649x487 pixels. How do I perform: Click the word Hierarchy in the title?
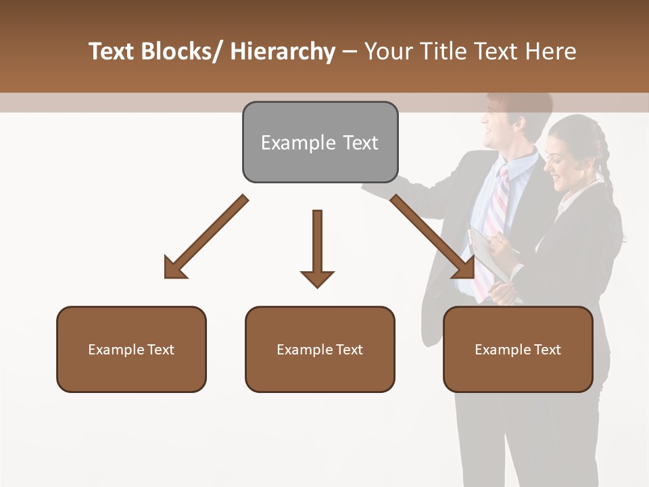click(x=283, y=51)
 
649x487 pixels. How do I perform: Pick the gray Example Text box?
click(x=320, y=142)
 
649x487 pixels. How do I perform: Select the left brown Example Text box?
click(x=131, y=349)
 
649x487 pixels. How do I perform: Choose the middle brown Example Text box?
click(x=320, y=349)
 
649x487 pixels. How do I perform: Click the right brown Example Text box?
click(x=518, y=349)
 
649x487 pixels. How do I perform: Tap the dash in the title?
click(x=350, y=51)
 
